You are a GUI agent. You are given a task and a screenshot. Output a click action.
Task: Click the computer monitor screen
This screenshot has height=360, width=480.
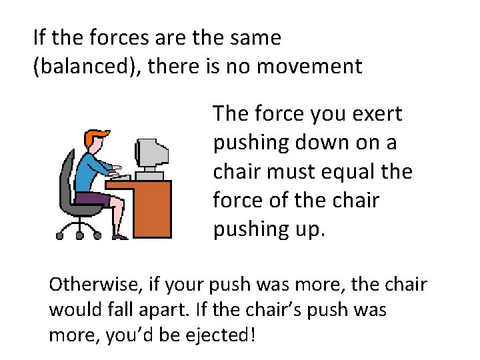[147, 153]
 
